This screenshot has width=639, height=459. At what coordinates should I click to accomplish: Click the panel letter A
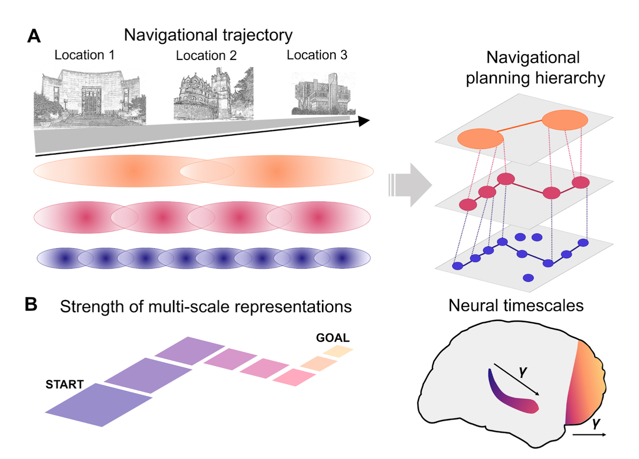34,36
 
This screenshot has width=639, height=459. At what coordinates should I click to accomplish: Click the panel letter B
31,305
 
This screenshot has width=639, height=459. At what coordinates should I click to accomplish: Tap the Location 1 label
84,55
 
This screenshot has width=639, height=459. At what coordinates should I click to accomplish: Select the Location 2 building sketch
213,94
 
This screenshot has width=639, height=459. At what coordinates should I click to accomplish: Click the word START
65,384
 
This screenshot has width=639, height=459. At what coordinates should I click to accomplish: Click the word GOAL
332,338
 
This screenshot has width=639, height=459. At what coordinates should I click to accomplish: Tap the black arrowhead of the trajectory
364,121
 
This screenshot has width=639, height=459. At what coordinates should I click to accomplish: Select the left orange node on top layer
480,139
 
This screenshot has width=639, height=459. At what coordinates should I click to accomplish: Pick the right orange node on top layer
564,120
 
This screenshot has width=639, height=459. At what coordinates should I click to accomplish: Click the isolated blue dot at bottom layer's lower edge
528,277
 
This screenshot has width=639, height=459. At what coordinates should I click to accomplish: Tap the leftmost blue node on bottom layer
457,266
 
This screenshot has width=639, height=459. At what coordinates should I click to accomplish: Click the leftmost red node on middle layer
468,204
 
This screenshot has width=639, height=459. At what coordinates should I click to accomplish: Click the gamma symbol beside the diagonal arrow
523,371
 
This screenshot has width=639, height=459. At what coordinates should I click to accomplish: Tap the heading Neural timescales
516,305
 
